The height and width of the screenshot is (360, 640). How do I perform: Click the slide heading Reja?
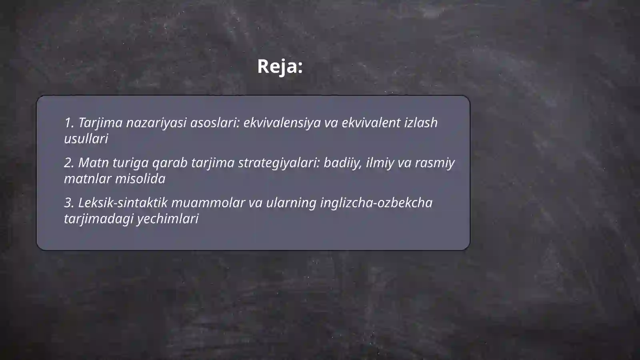(280, 66)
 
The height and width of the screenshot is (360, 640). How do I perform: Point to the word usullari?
(86, 139)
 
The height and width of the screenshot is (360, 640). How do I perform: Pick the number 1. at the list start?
(69, 123)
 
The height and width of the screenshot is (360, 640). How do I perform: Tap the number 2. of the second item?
(69, 163)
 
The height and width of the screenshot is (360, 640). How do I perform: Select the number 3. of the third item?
(69, 203)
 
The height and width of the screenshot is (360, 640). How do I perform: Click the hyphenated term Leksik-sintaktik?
(123, 203)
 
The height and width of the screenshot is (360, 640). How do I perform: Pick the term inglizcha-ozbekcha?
(376, 203)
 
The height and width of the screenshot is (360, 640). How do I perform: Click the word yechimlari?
(168, 219)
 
